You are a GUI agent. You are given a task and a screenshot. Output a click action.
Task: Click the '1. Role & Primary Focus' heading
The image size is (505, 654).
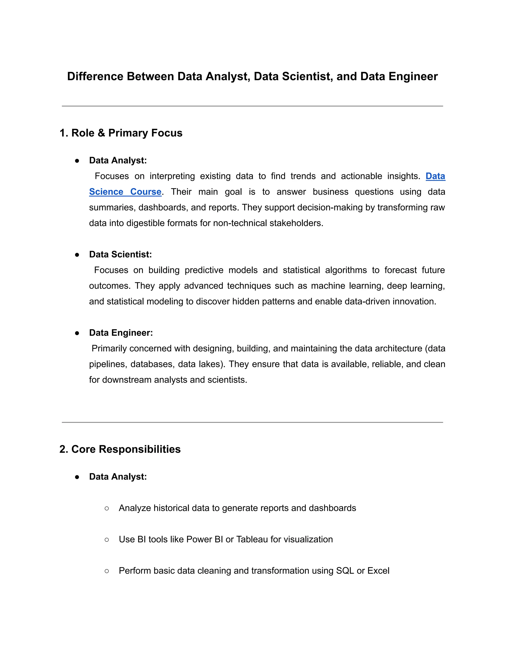click(121, 133)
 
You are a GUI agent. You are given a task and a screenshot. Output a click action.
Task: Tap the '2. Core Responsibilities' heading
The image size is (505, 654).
click(120, 449)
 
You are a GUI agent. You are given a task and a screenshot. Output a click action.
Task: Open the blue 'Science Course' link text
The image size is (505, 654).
click(125, 192)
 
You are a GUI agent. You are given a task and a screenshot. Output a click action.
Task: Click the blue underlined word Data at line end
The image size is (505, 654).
click(435, 176)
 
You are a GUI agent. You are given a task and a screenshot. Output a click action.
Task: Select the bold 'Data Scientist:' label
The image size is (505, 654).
click(120, 254)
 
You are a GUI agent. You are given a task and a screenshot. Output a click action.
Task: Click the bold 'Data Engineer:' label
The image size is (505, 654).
click(121, 333)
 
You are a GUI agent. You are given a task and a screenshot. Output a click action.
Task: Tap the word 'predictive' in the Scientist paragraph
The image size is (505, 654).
click(204, 270)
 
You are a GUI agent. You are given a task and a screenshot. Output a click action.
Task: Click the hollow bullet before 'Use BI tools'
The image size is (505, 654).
click(107, 539)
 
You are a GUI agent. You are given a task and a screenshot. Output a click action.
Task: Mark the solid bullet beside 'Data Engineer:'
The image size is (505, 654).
click(77, 333)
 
